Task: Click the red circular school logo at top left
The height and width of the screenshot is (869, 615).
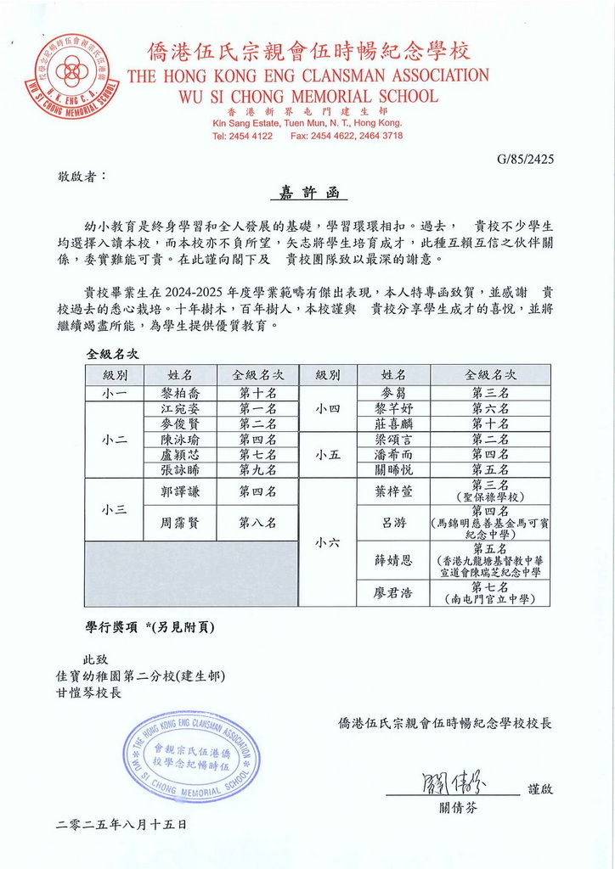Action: click(x=72, y=76)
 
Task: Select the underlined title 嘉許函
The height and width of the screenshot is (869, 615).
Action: click(x=308, y=193)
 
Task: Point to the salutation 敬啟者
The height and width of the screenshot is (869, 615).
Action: click(x=82, y=177)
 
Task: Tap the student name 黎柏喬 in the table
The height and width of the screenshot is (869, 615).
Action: click(x=178, y=393)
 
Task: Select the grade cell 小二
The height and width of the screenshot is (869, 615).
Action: click(x=115, y=440)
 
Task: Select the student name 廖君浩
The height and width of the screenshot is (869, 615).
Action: click(x=393, y=593)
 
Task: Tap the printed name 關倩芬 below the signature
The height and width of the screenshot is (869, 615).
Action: click(x=458, y=807)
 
